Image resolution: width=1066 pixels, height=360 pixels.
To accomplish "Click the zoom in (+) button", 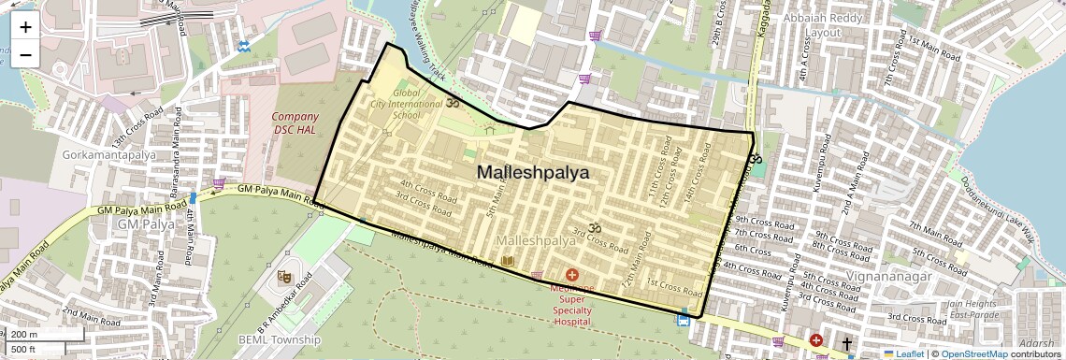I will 25,27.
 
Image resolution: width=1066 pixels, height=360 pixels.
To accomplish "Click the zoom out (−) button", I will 25,53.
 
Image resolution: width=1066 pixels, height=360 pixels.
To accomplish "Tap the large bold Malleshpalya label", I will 532,173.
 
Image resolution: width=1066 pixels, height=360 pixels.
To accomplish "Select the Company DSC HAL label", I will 295,122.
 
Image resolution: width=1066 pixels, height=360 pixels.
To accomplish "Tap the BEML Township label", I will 279,339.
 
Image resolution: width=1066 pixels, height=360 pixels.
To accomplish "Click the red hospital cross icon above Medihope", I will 572,275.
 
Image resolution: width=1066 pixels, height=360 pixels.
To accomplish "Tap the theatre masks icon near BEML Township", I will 283,276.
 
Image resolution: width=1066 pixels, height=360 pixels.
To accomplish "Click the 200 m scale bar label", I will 24,335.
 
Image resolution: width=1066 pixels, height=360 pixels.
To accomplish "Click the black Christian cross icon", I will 847,344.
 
